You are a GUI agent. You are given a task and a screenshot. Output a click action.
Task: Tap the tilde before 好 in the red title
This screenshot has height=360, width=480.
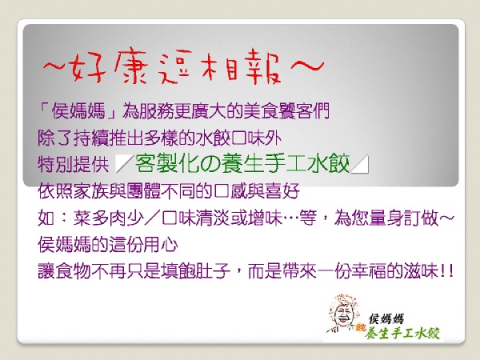click(56, 66)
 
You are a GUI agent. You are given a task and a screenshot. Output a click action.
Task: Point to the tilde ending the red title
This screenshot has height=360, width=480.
click(306, 66)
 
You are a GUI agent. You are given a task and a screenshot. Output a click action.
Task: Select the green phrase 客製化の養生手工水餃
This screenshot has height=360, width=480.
click(242, 163)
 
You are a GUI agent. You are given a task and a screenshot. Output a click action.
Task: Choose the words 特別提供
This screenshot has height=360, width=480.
click(73, 164)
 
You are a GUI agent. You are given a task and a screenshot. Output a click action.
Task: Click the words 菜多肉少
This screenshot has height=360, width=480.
click(108, 218)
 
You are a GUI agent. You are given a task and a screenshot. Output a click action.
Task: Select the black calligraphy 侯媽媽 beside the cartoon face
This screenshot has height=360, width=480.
click(386, 318)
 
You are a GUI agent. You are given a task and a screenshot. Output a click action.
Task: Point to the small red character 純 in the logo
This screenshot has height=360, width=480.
click(361, 329)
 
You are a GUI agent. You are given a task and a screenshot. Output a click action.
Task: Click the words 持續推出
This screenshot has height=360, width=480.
click(108, 138)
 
